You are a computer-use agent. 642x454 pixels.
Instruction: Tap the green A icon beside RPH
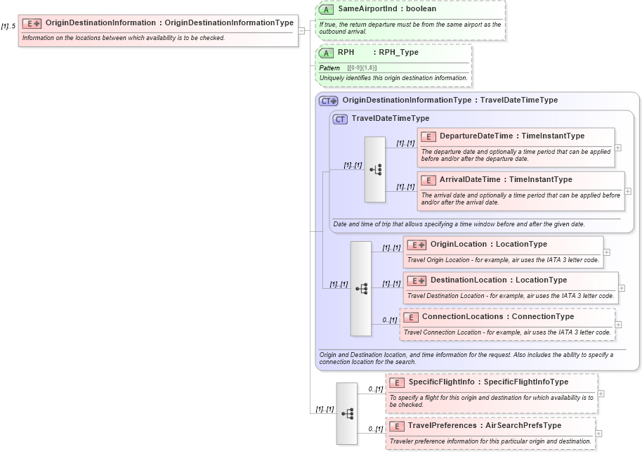326,53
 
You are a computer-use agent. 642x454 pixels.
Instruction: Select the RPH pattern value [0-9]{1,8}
362,67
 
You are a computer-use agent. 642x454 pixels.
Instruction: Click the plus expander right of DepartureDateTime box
618,148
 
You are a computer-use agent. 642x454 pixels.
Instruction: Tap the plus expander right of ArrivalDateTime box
627,191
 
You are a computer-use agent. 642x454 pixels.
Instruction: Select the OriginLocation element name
458,244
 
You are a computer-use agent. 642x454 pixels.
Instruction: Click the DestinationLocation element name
469,280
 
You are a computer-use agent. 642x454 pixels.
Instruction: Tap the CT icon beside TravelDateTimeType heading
340,119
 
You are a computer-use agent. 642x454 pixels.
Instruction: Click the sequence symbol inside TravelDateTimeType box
375,169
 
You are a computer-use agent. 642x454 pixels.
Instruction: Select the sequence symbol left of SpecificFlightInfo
347,413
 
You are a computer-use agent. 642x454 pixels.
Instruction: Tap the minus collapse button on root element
301,30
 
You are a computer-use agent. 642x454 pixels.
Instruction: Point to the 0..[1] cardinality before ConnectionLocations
389,320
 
